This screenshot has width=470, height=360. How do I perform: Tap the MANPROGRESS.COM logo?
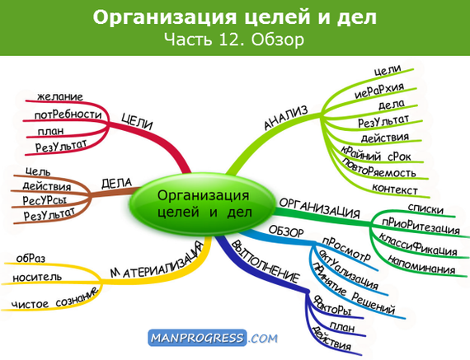(x=213, y=337)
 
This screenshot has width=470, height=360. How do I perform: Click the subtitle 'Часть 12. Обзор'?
(x=234, y=39)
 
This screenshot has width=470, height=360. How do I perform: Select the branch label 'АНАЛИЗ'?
(x=285, y=119)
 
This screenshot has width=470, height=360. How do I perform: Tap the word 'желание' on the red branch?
(x=59, y=97)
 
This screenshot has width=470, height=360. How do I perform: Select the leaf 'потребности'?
(x=69, y=114)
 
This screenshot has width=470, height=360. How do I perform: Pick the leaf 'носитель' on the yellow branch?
(x=37, y=277)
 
